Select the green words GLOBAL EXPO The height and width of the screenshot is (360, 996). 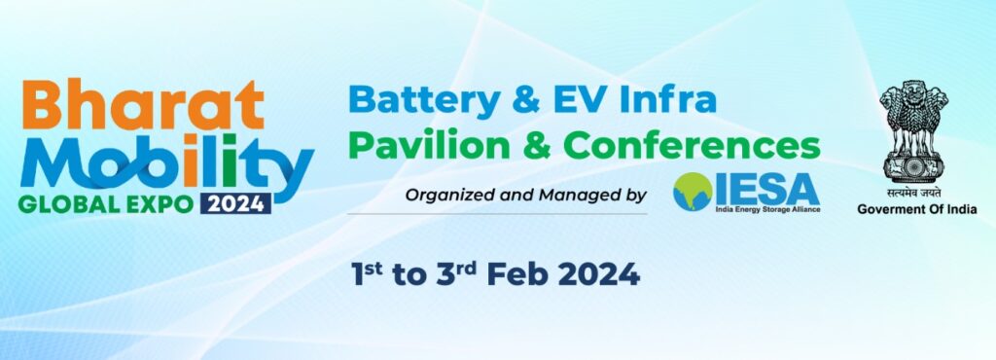pos(105,204)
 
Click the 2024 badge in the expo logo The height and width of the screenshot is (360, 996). pos(235,203)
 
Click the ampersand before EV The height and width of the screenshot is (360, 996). pos(528,99)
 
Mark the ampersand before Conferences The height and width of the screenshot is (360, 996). pos(537,146)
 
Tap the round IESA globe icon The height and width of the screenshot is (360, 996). pos(693,192)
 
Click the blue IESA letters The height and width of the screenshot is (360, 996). pos(767,189)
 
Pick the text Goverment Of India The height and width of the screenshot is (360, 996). pos(916,209)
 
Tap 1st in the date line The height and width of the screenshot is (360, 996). pos(367,273)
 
